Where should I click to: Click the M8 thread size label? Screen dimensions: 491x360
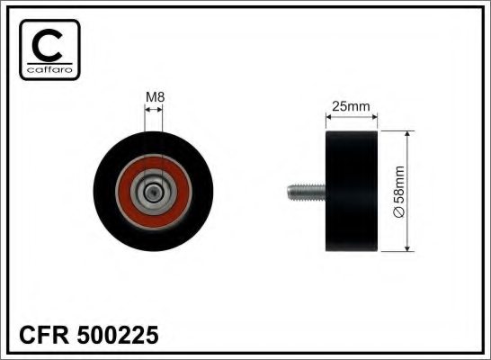[155, 97]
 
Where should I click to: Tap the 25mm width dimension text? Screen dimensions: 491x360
[351, 106]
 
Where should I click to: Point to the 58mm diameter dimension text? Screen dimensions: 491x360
[398, 184]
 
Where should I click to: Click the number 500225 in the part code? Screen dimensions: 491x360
[118, 335]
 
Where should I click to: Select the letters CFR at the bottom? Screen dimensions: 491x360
[44, 335]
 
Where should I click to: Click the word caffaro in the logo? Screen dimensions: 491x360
[49, 69]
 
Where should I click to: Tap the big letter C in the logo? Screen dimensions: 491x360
[47, 45]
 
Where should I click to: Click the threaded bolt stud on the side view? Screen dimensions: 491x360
[307, 193]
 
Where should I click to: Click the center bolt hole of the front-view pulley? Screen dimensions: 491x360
[154, 192]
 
